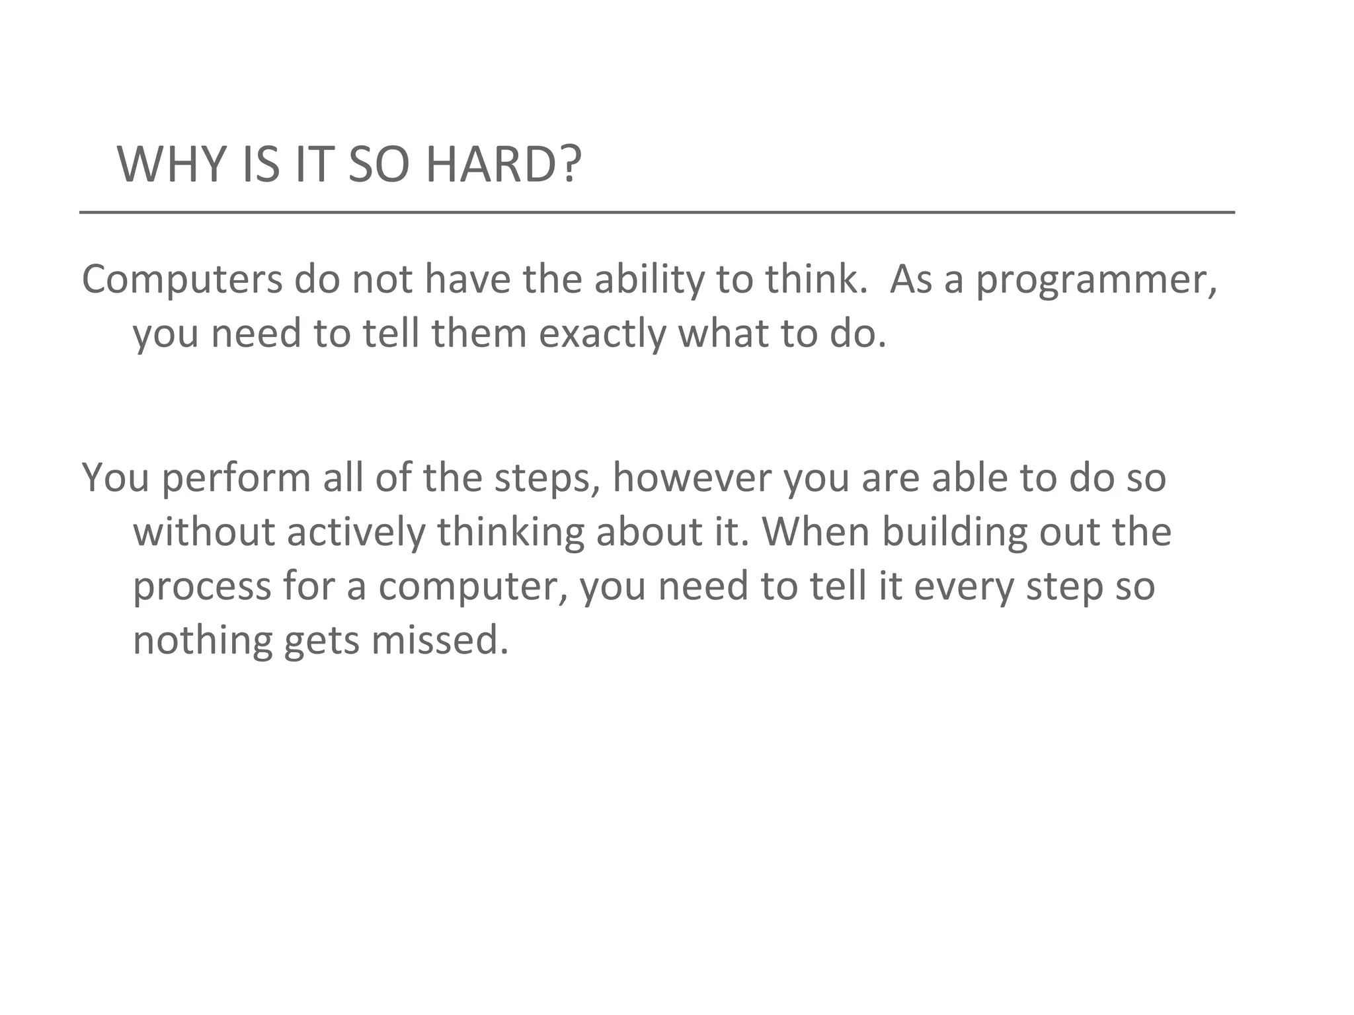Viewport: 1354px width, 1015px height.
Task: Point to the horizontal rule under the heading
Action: (657, 213)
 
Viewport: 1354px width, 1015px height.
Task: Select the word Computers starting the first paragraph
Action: (182, 280)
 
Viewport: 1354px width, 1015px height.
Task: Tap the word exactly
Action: (602, 334)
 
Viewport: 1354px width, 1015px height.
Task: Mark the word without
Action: (204, 532)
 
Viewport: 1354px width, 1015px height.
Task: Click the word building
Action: (955, 533)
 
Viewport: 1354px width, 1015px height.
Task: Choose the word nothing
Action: (203, 641)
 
